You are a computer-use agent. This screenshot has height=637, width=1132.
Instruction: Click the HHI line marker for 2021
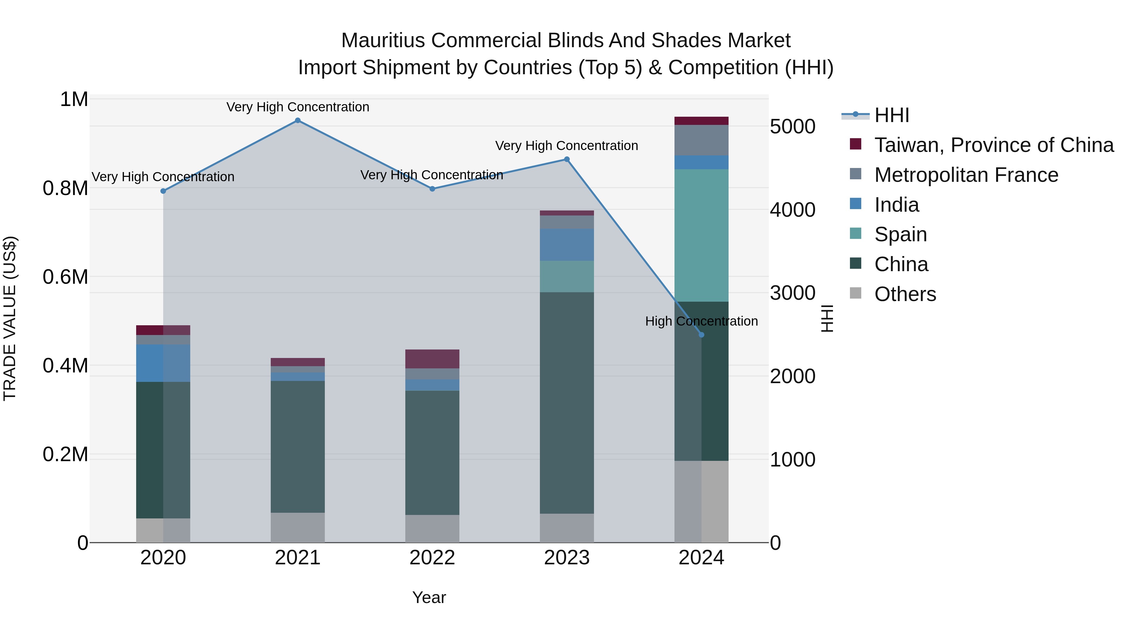297,120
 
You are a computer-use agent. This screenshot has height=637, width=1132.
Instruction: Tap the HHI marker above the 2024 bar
701,335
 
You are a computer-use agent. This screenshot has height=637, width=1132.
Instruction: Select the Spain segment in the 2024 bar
701,235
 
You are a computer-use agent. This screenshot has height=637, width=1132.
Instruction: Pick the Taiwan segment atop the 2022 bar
432,359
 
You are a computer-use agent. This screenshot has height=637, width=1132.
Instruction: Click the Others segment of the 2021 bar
297,527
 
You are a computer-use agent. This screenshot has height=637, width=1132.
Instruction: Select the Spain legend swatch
856,233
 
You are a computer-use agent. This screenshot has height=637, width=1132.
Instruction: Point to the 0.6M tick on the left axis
65,277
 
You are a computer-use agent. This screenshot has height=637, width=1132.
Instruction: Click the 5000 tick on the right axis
792,126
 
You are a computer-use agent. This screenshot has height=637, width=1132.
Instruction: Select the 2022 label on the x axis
432,558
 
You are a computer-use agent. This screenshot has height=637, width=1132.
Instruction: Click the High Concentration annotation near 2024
701,321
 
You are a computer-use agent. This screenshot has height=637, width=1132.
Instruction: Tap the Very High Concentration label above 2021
297,107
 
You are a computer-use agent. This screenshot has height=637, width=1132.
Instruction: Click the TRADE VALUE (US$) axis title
10,318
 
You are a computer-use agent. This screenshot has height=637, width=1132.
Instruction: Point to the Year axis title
429,597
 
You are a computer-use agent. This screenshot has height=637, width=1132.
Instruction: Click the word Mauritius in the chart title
383,41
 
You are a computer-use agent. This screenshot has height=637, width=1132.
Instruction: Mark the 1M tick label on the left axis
74,99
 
